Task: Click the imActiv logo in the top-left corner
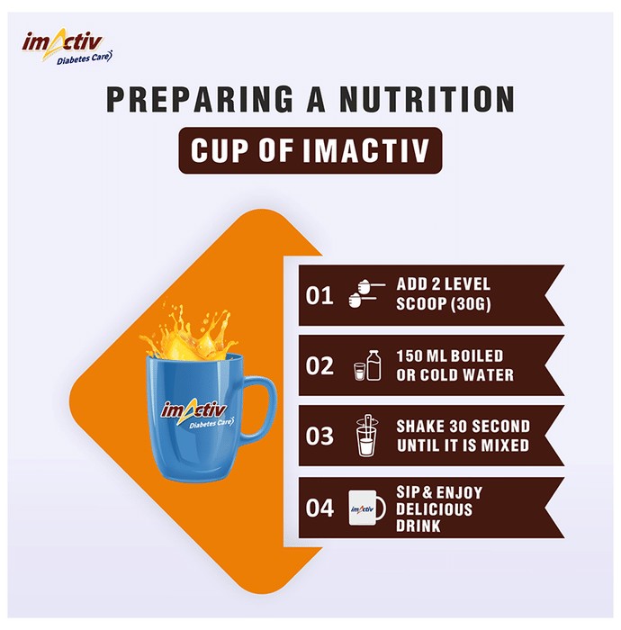[67, 47]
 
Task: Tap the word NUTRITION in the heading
[427, 99]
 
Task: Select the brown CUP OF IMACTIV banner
[310, 150]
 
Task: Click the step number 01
[319, 296]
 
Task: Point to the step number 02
[319, 366]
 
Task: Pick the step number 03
[319, 436]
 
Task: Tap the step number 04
[319, 508]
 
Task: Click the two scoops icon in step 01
[366, 293]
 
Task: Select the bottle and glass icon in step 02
[367, 365]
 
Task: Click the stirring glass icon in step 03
[366, 436]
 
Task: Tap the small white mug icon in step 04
[367, 508]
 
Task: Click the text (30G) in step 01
[471, 304]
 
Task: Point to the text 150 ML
[422, 356]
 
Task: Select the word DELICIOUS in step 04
[434, 509]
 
